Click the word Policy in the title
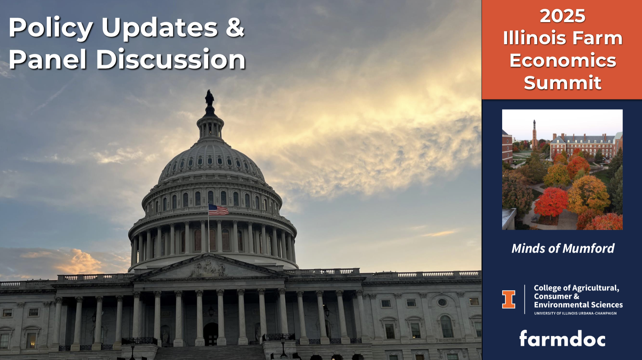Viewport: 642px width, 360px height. coord(51,28)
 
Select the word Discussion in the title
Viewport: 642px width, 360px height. coord(171,59)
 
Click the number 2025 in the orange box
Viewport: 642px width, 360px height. coord(562,16)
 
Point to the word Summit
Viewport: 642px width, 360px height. coord(562,83)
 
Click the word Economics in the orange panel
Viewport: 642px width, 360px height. coord(563,60)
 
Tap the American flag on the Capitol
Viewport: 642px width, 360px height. coord(218,210)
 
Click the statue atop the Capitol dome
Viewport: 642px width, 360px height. coord(210,98)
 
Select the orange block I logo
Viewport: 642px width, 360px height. coord(508,299)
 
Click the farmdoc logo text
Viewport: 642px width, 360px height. coord(562,339)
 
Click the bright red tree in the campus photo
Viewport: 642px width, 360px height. coord(550,202)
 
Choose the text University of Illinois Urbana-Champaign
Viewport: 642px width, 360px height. coord(575,314)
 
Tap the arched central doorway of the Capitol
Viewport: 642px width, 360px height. coord(211,334)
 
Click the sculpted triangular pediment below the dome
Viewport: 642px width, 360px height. coord(208,267)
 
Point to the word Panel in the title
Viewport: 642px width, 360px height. coord(47,59)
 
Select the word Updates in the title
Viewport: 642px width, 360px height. coord(160,28)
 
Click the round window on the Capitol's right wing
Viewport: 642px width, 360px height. coord(442,302)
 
